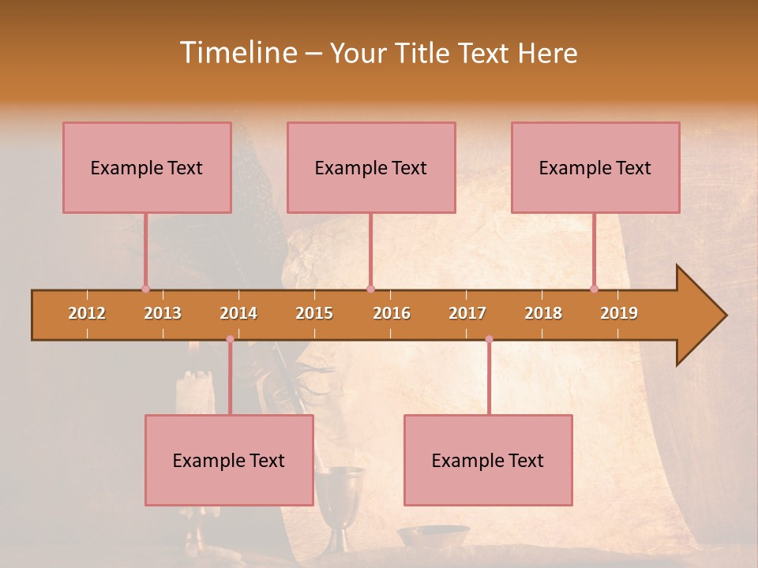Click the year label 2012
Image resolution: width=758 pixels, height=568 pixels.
87,313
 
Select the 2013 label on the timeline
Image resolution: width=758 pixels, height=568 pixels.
163,313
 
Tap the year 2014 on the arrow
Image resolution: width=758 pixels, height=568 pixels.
238,313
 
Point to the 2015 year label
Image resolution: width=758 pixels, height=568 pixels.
314,313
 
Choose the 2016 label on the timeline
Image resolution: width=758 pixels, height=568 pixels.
392,313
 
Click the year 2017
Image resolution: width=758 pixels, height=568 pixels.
467,313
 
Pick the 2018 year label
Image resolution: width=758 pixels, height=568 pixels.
543,313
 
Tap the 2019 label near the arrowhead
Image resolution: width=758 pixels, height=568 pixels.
619,313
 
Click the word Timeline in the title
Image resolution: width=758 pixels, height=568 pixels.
237,53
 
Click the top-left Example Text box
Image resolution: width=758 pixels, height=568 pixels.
147,168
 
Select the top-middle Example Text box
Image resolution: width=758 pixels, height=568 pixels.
371,168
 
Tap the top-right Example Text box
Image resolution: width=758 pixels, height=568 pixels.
595,168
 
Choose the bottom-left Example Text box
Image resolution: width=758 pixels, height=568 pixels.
229,461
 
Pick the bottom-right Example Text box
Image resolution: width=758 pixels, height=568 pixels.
488,461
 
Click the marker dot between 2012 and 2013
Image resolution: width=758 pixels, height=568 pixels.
145,290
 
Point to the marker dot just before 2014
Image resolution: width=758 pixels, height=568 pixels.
230,339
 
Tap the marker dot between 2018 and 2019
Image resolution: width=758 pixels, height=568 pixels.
594,290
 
